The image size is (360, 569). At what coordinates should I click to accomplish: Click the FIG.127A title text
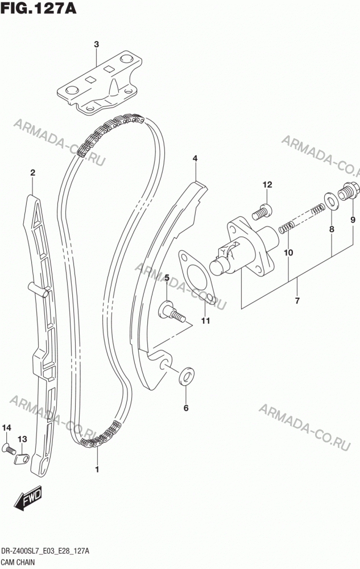point(39,7)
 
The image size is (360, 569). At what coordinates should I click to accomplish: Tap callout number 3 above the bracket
point(96,44)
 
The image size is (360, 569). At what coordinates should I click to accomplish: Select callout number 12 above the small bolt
point(267,185)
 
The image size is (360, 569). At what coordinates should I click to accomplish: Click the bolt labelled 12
point(262,211)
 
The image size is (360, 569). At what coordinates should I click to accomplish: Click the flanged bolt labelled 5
point(172,312)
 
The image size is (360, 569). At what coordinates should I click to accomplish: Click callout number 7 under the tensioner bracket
point(297,300)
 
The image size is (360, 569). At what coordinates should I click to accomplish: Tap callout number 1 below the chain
point(97,469)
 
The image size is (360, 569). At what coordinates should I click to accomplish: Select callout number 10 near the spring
point(288,252)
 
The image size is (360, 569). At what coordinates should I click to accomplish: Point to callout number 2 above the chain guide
point(32,172)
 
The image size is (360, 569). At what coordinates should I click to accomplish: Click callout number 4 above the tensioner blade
point(195,158)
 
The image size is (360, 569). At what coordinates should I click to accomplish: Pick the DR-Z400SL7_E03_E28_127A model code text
point(45,552)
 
